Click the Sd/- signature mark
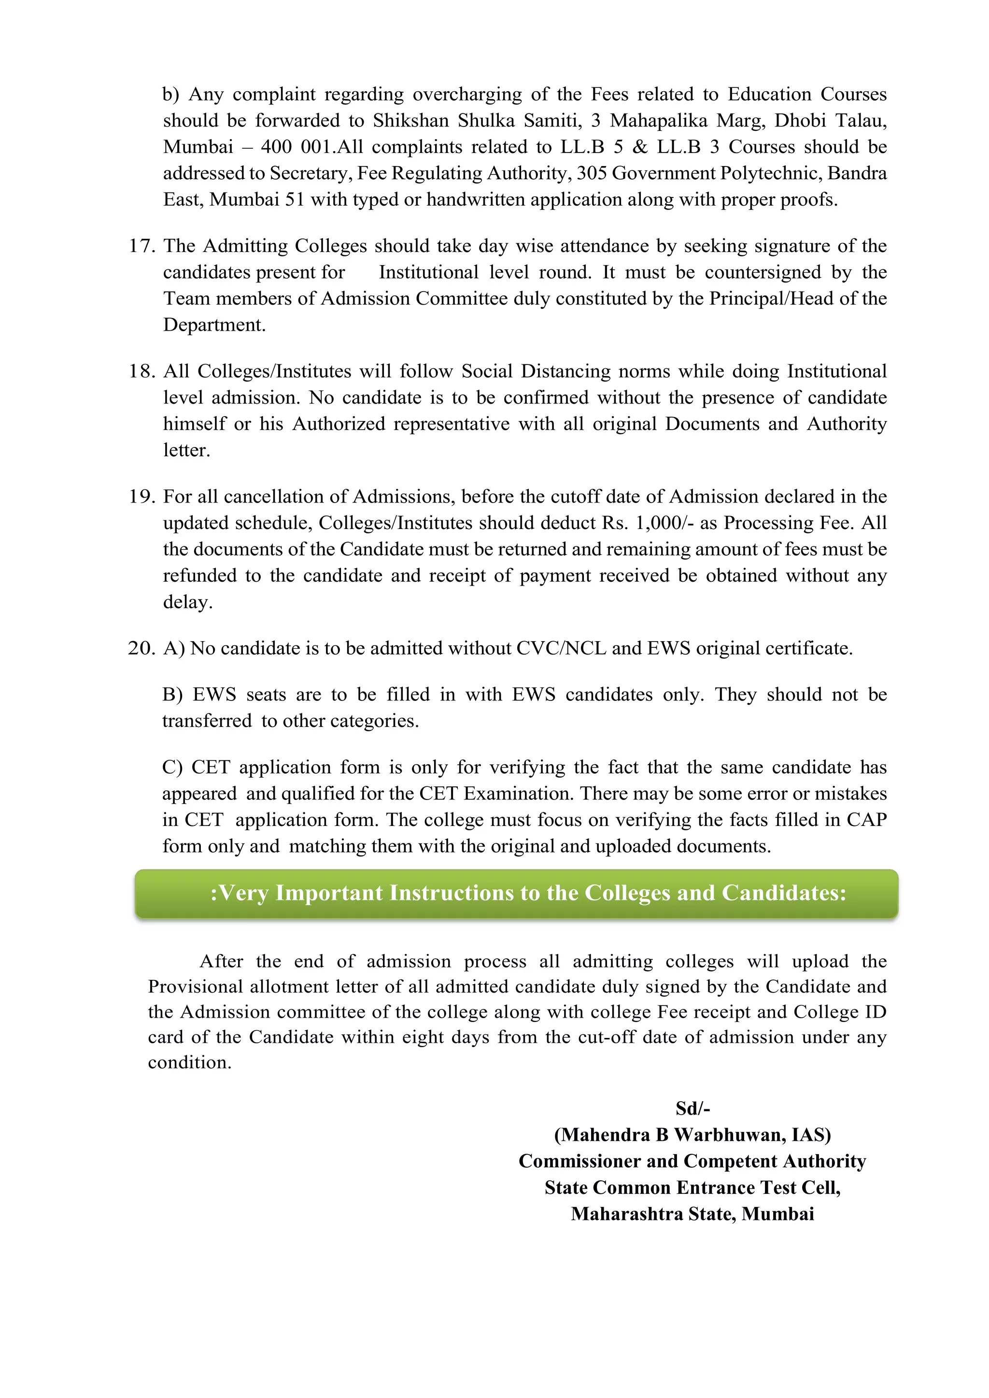692,1108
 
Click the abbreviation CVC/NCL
561,648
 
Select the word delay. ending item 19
187,602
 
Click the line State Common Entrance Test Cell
692,1188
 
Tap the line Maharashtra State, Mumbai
692,1214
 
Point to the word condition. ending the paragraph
189,1062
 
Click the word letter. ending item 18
186,450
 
